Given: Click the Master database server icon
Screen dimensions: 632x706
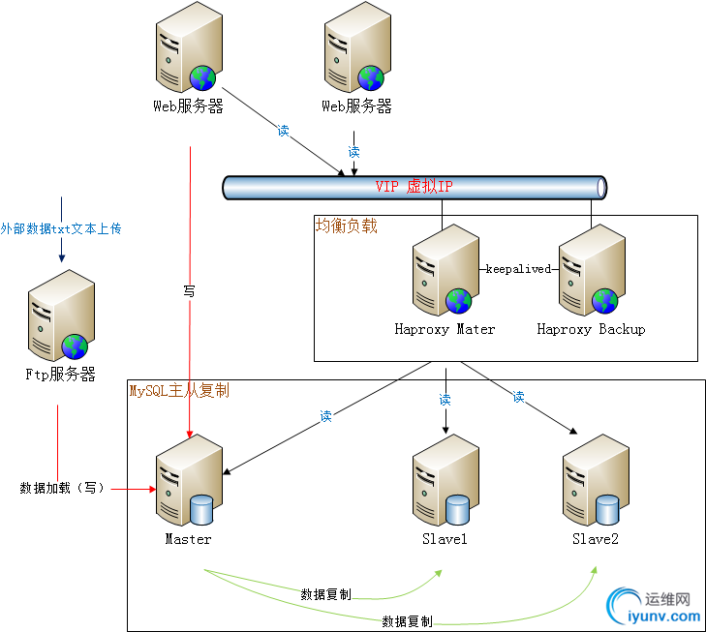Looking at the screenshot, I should pyautogui.click(x=186, y=480).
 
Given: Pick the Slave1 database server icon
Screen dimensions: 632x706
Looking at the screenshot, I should pyautogui.click(x=444, y=480).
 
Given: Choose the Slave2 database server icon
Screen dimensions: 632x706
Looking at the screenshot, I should pyautogui.click(x=593, y=480).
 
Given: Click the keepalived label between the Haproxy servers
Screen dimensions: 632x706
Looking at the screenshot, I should pyautogui.click(x=517, y=269).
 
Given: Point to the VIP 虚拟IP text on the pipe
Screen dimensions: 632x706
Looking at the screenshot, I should pyautogui.click(x=414, y=186).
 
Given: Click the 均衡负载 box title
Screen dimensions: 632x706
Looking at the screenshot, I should pyautogui.click(x=346, y=226).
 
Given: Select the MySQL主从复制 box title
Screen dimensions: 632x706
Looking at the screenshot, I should pyautogui.click(x=179, y=391).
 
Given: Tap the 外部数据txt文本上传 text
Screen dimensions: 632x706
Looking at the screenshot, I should pyautogui.click(x=61, y=229).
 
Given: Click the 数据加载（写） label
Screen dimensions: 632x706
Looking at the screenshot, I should pyautogui.click(x=62, y=488).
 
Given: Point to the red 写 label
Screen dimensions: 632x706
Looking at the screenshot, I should pyautogui.click(x=189, y=289).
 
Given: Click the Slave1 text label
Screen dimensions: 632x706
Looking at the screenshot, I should pyautogui.click(x=445, y=539).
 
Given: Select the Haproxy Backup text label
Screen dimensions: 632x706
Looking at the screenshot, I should pyautogui.click(x=591, y=329).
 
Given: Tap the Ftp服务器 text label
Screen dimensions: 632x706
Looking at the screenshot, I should pyautogui.click(x=60, y=375).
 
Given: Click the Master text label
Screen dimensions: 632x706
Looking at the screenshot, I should pyautogui.click(x=188, y=539).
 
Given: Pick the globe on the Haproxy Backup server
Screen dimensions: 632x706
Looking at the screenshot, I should pyautogui.click(x=605, y=301).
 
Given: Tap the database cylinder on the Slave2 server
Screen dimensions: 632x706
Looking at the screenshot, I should pyautogui.click(x=607, y=507).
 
